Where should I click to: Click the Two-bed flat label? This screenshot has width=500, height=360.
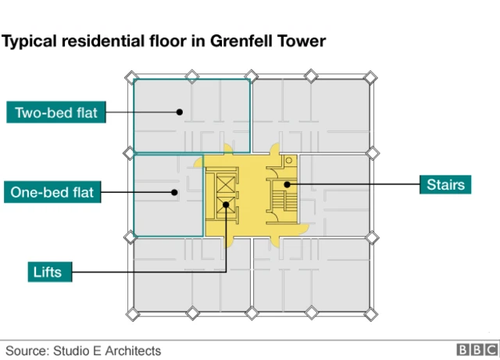coord(56,112)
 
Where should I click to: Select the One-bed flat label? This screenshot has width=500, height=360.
coord(52,192)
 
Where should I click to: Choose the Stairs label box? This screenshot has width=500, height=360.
coord(446,184)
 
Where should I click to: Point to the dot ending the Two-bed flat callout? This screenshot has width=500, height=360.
coord(180,112)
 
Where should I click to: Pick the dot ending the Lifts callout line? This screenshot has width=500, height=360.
coord(226,205)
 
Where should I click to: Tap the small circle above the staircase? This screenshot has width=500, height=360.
coord(288,161)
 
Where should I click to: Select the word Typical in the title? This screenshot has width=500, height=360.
coord(30,41)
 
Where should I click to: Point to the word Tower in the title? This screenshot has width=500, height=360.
coord(302,41)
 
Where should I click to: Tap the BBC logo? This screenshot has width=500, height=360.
coord(473,351)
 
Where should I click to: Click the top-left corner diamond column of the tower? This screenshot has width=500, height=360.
coord(131,76)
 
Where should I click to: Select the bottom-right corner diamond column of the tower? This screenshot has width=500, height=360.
coord(371,314)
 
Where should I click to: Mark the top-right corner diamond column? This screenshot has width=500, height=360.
coord(371,76)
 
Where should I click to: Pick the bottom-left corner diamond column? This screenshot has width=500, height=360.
coord(131,314)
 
